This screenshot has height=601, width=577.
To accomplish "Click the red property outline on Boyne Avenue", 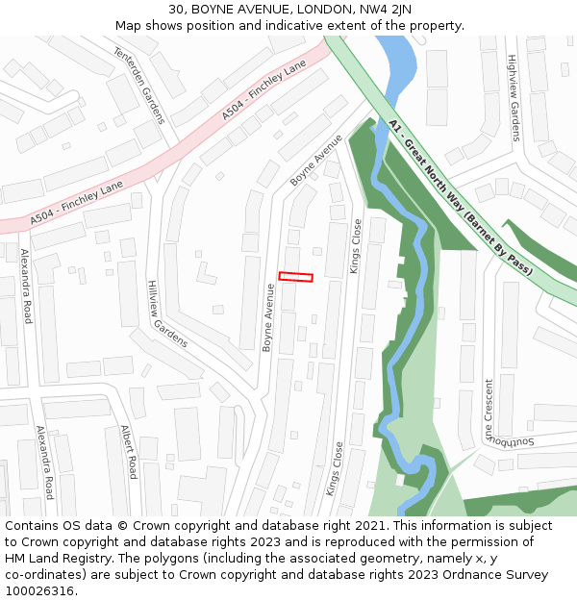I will point(295,277).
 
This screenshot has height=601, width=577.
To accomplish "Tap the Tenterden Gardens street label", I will point(140,85).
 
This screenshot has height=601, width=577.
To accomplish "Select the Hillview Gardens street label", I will point(166,313).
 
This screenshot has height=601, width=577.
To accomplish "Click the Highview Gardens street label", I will point(514,97).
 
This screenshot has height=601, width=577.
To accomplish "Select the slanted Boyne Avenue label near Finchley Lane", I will point(316,160).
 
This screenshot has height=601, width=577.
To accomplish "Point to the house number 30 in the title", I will point(177,10).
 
